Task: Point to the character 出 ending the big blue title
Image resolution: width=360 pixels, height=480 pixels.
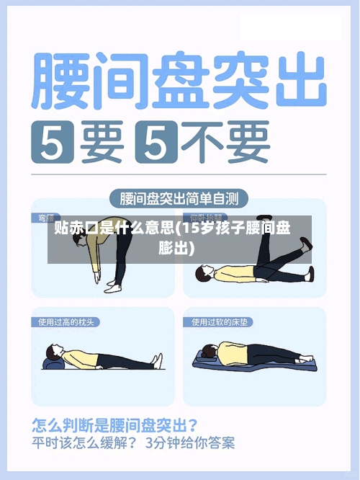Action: pyautogui.click(x=297, y=79)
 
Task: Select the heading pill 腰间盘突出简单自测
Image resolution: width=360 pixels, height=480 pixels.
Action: pyautogui.click(x=180, y=197)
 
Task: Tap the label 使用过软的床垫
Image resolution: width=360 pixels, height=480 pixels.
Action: pyautogui.click(x=220, y=321)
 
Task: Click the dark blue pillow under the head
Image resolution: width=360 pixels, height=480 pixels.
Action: pyautogui.click(x=52, y=365)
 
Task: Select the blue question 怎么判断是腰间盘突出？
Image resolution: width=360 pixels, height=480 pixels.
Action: pyautogui.click(x=116, y=425)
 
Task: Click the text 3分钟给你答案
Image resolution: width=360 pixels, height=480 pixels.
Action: pyautogui.click(x=190, y=442)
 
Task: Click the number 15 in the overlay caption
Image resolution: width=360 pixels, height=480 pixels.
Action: pyautogui.click(x=190, y=229)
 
